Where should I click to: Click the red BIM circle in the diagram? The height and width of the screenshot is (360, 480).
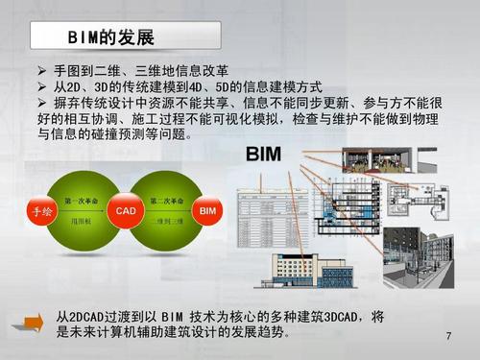click(206, 210)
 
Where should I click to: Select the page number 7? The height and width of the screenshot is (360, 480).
click(448, 337)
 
